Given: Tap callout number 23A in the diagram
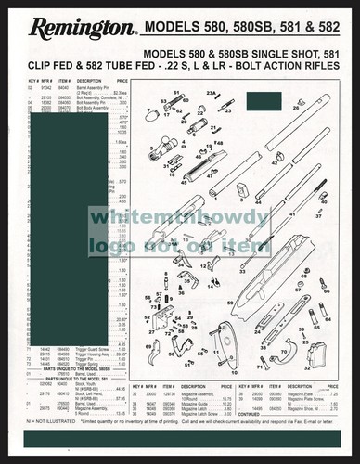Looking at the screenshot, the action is pyautogui.click(x=212, y=93).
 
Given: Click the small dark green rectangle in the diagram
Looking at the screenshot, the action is pyautogui.click(x=244, y=189).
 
